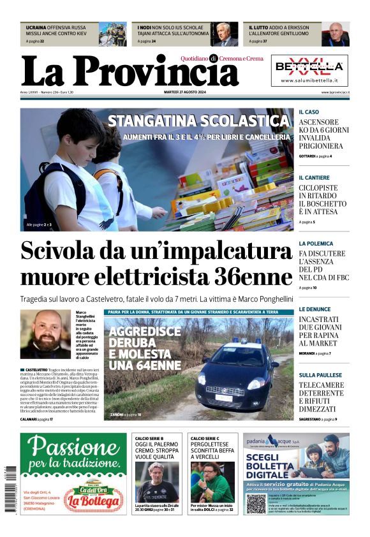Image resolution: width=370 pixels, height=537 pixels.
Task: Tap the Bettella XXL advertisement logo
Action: tap(310, 66)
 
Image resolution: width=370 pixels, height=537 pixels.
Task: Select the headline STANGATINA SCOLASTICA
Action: tap(198, 121)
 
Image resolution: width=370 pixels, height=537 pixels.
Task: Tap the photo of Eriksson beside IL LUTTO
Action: tap(335, 34)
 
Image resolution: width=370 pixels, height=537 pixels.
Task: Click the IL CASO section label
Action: tap(309, 112)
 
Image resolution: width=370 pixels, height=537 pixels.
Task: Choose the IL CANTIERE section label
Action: tap(314, 177)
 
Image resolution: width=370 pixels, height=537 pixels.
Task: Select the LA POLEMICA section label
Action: tap(316, 243)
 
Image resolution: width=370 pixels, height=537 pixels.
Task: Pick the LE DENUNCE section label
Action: tap(314, 309)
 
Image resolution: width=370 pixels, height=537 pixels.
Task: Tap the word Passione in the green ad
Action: tap(73, 448)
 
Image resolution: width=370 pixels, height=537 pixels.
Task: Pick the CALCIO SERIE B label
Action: tap(149, 438)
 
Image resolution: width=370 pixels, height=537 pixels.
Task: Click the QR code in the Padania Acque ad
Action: tap(256, 503)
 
